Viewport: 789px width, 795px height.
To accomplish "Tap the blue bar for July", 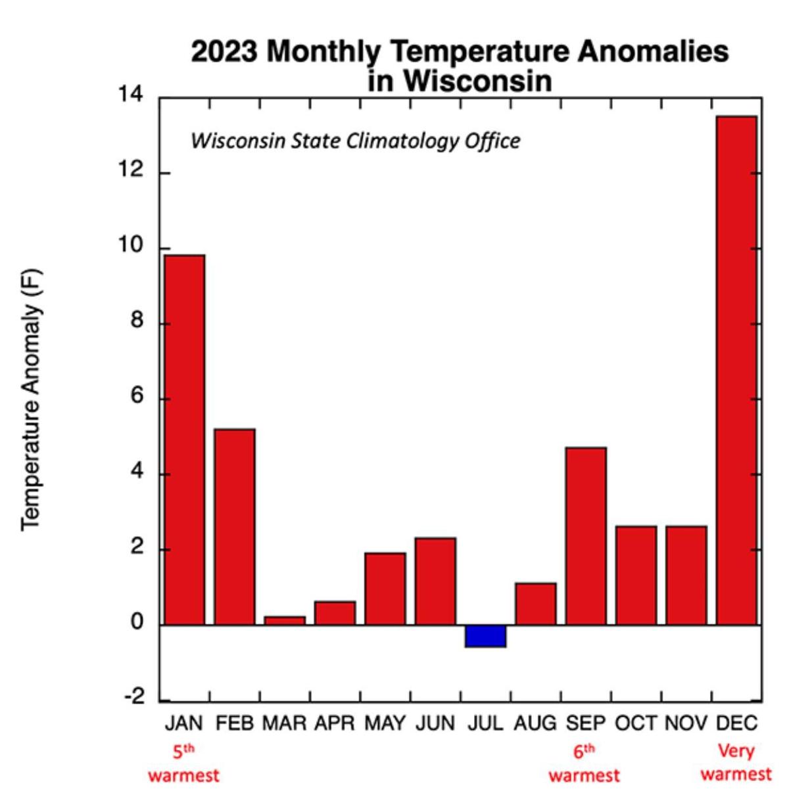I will click(x=485, y=636).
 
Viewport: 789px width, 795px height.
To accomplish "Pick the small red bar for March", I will click(x=285, y=620).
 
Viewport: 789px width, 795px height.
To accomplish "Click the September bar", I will click(x=586, y=535).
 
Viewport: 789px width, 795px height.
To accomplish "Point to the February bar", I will click(x=235, y=526).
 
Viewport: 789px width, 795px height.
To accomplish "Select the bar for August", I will click(x=535, y=603).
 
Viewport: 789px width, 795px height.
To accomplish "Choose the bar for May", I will click(x=385, y=588).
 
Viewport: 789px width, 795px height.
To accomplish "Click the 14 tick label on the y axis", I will click(x=130, y=95).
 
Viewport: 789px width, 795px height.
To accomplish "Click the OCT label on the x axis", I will click(x=636, y=723).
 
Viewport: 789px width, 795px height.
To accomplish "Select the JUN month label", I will click(x=435, y=723).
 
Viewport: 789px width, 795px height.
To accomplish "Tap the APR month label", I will click(x=335, y=723).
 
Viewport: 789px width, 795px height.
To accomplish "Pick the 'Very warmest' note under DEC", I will click(x=736, y=762).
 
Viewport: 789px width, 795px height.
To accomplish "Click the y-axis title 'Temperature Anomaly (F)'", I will click(x=32, y=399).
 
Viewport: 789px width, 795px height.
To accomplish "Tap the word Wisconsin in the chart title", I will click(x=477, y=81).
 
